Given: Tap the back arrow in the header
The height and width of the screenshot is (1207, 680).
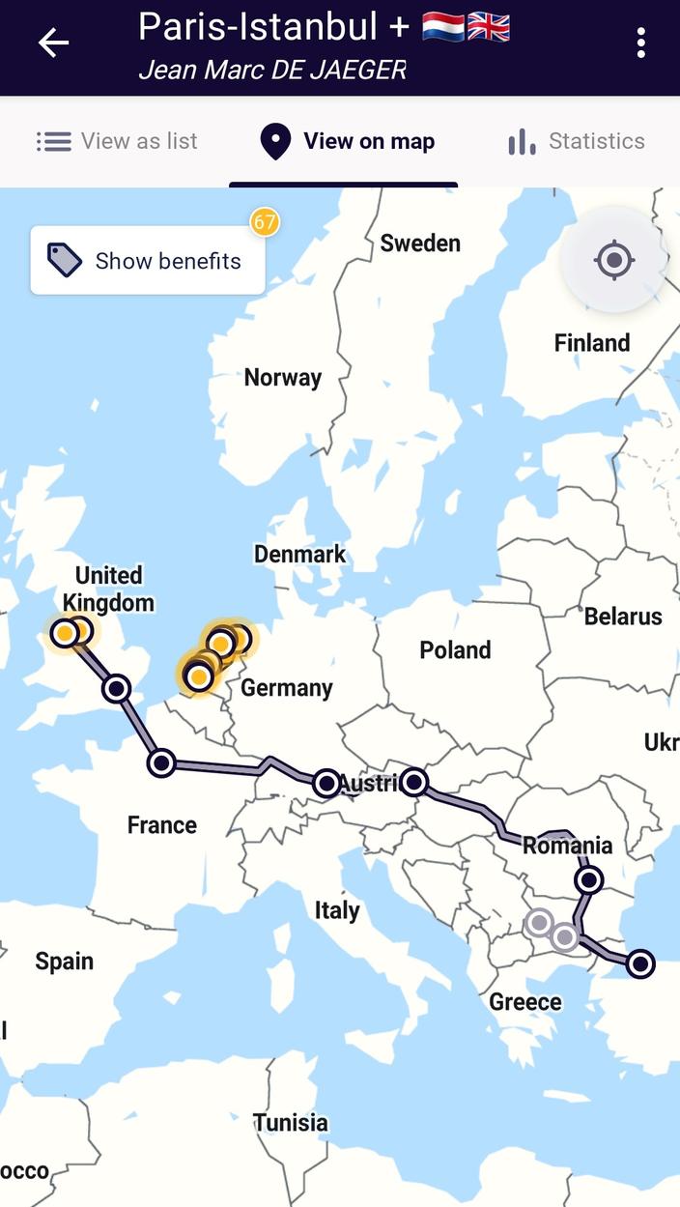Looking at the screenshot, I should point(53,43).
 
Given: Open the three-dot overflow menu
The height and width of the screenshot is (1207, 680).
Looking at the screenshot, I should point(640,43).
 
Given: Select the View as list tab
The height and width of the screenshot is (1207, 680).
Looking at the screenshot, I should point(117,141).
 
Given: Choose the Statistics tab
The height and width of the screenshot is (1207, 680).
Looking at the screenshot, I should point(577,141).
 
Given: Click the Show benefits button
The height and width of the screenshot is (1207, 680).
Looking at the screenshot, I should point(148,261).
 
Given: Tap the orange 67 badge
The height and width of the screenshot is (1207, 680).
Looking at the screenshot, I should point(265,222).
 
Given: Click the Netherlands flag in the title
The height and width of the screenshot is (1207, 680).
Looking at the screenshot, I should point(443,27).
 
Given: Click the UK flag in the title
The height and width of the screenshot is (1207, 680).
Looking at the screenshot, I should point(489,27).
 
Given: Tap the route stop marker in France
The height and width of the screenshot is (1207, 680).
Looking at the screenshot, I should point(161,762).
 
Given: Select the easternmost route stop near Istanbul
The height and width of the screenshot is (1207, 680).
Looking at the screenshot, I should point(639,963).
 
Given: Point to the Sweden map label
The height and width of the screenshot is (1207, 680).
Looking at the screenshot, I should point(419,244).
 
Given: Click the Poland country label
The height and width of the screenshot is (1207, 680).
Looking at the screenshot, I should point(455,650).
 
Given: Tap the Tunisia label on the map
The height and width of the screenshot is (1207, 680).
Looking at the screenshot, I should point(291,1123).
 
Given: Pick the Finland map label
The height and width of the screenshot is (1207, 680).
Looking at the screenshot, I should point(591,343).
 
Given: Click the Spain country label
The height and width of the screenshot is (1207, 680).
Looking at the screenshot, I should point(65,962).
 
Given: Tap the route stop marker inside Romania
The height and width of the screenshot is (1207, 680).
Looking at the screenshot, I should point(588,880).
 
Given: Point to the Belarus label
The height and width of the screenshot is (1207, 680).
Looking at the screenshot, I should point(623,617).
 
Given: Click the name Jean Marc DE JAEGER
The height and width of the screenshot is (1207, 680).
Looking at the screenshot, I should point(272,70).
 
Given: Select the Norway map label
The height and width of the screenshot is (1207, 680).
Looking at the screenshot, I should point(282,378).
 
